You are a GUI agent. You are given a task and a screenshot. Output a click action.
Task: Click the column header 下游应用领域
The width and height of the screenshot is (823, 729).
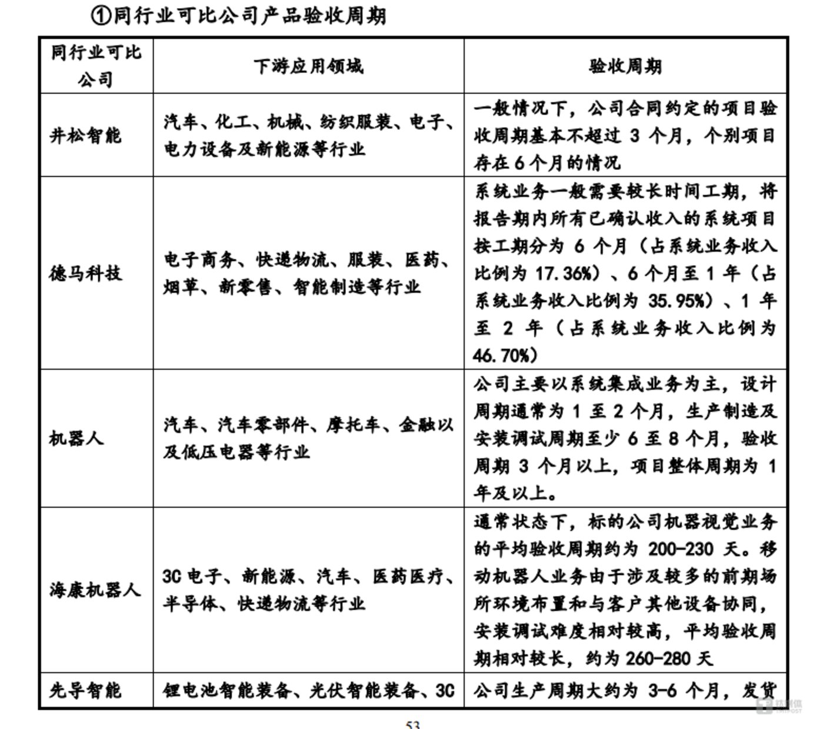pos(308,66)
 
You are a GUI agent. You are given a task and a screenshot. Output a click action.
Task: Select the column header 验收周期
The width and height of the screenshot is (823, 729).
pos(625,66)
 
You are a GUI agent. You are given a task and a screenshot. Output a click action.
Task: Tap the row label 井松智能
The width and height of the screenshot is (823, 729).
pos(85,136)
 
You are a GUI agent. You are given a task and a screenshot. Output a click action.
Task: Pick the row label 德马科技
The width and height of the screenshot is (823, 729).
pos(85,273)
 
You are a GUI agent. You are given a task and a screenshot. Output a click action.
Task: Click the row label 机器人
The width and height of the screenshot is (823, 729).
pos(76,438)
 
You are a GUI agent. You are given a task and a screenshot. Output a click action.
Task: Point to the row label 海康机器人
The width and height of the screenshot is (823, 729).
pos(95,590)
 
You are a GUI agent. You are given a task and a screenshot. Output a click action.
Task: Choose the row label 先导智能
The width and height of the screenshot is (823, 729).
pos(85,690)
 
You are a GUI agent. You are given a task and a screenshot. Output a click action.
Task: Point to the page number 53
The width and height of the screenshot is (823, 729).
pos(413,724)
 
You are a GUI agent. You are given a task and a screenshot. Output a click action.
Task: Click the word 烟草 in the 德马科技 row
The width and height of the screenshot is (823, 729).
pos(181,287)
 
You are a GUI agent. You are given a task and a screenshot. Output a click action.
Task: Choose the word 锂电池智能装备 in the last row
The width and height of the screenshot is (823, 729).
pos(227,690)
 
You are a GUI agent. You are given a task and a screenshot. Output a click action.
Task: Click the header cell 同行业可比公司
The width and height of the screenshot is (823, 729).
pos(96,65)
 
